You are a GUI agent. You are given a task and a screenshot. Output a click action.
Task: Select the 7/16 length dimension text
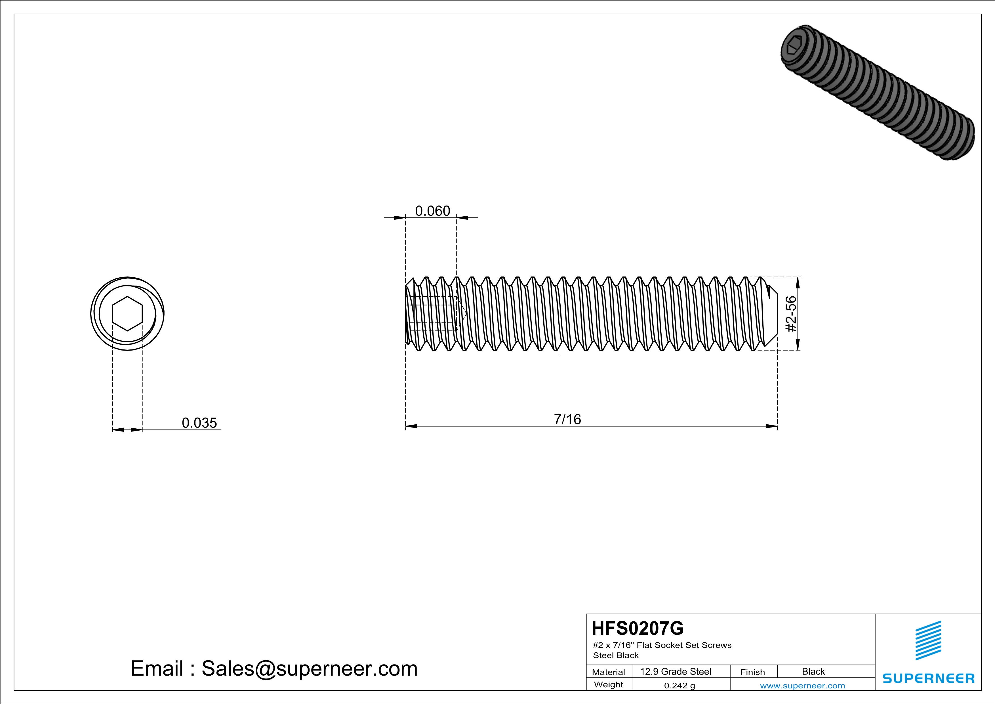567,419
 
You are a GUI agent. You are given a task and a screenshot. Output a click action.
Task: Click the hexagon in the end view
127,313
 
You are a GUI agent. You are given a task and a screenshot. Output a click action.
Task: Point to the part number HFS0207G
638,628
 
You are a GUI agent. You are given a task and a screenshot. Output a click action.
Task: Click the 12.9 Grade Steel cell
676,671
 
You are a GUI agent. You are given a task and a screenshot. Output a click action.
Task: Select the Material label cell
609,672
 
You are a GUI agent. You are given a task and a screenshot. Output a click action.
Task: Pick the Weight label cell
609,684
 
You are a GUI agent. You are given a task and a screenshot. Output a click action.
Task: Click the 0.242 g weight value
680,685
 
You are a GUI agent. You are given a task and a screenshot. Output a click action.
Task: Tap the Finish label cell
752,672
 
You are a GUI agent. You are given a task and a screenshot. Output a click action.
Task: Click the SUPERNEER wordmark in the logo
928,678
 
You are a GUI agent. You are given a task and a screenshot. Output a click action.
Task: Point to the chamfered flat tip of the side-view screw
773,313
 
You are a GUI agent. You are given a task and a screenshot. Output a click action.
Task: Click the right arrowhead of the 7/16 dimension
771,426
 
